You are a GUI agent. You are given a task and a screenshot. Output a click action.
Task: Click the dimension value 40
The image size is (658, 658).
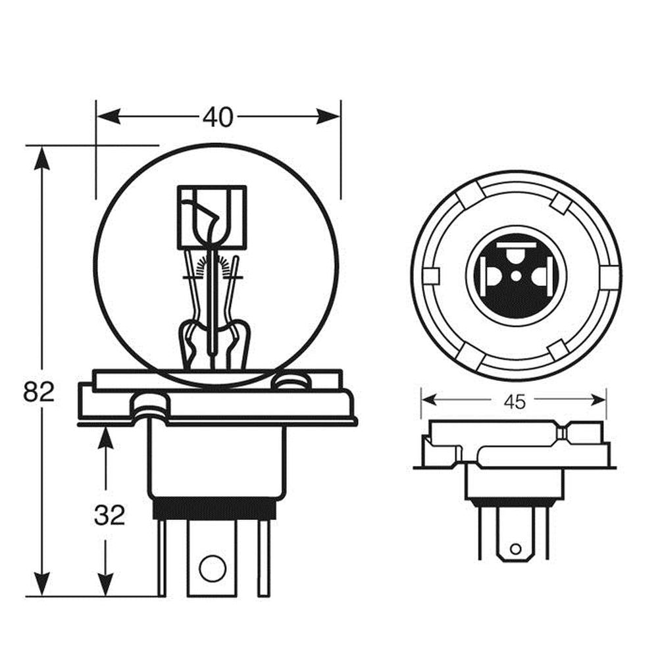tap(218, 117)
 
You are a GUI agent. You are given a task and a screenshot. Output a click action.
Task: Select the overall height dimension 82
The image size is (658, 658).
tap(39, 392)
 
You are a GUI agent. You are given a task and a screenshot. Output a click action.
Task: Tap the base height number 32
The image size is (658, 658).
tap(109, 515)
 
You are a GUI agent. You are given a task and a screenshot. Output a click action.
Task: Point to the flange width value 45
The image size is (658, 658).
tap(515, 401)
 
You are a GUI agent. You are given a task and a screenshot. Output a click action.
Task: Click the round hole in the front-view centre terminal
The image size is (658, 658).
tap(212, 567)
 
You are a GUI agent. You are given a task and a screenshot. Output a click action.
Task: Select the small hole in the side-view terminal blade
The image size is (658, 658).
tap(515, 547)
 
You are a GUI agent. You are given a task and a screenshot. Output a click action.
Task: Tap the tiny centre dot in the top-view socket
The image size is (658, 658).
tap(516, 275)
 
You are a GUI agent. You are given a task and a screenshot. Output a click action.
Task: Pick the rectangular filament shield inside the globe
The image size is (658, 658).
tap(212, 217)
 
